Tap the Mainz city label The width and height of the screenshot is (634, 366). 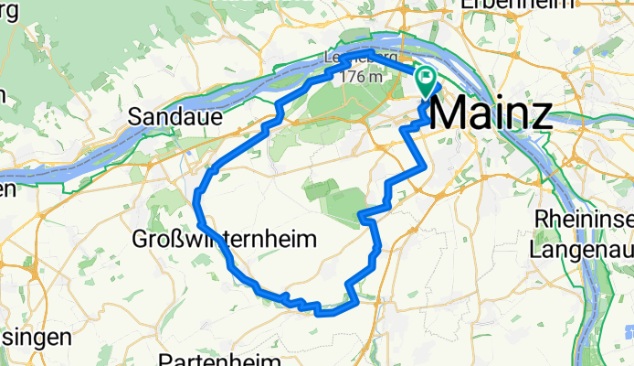(490, 114)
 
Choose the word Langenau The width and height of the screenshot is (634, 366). (581, 248)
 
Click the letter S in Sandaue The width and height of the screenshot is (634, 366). (135, 116)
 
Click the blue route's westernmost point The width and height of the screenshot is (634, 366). (197, 192)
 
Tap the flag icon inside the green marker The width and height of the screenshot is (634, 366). (427, 80)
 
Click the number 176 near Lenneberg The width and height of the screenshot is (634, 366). (351, 78)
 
